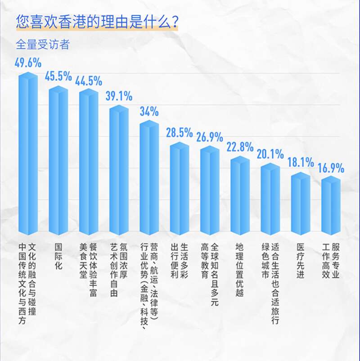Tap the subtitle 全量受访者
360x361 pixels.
[42, 45]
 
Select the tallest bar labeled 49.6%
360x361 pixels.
[28, 155]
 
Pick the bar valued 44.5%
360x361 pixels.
[89, 163]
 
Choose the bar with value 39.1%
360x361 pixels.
[119, 171]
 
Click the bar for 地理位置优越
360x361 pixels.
[240, 196]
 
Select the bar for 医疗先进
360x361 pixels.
[301, 205]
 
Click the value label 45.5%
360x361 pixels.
[58, 76]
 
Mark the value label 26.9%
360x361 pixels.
[210, 137]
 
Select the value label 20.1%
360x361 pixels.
[270, 154]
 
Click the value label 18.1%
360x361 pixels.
[301, 163]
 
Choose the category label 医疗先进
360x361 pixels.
[301, 260]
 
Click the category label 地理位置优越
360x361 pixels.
[240, 270]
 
